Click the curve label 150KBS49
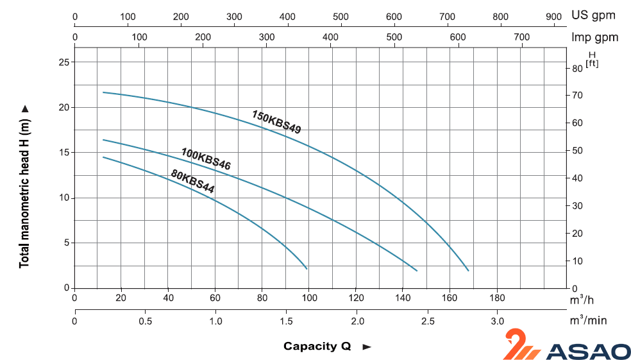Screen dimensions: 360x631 tap(276, 121)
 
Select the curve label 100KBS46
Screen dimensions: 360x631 tap(206, 159)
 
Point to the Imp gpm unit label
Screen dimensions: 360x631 tap(595, 37)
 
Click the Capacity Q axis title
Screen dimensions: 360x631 tap(317, 347)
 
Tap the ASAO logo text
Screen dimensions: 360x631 tap(589, 351)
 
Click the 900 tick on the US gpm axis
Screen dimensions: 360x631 tap(553, 16)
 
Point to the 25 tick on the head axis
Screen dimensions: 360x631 tap(63, 62)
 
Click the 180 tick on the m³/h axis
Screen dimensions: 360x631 tap(497, 298)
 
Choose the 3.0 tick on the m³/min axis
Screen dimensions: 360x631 tap(497, 321)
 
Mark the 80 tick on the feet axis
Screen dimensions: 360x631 tap(576, 68)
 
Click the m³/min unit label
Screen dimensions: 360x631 tap(587, 320)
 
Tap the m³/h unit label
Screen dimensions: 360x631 tap(581, 299)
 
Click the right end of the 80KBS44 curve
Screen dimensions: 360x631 tap(307, 268)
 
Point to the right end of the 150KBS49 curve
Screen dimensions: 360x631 tap(469, 271)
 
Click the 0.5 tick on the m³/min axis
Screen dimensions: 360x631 tap(146, 321)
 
